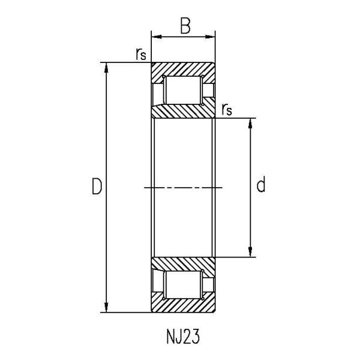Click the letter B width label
[185, 26]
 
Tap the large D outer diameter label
[97, 186]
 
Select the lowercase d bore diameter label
[261, 184]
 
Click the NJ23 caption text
[183, 337]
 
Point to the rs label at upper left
[141, 54]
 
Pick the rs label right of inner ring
[227, 110]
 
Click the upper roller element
[183, 90]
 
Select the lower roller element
[183, 284]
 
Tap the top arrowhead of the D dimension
[106, 67]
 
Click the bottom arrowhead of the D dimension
[106, 308]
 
